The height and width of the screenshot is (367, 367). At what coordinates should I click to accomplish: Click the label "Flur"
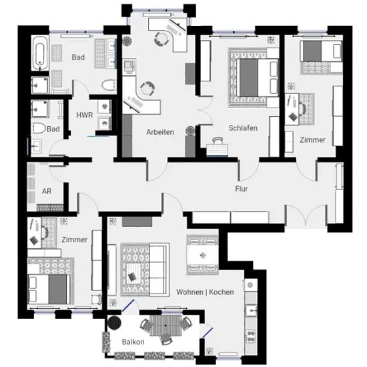pyautogui.click(x=242, y=189)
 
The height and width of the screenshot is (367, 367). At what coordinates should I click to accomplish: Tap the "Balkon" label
pyautogui.click(x=133, y=342)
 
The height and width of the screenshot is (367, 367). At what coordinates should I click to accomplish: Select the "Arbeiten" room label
pyautogui.click(x=160, y=132)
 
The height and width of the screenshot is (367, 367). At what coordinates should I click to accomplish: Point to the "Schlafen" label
pyautogui.click(x=243, y=128)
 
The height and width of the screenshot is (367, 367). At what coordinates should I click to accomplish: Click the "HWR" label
pyautogui.click(x=85, y=115)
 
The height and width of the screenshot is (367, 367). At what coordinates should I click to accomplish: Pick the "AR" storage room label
pyautogui.click(x=47, y=192)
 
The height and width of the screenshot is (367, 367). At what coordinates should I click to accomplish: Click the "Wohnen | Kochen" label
pyautogui.click(x=205, y=292)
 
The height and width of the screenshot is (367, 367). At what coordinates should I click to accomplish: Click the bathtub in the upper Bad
pyautogui.click(x=40, y=53)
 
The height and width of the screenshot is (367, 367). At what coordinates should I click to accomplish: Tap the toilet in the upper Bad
pyautogui.click(x=109, y=85)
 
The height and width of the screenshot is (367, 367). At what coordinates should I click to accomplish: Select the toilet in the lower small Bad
pyautogui.click(x=39, y=128)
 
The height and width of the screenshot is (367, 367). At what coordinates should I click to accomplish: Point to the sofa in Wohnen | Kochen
pyautogui.click(x=159, y=270)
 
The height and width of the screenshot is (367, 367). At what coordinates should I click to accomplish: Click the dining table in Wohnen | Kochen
pyautogui.click(x=203, y=255)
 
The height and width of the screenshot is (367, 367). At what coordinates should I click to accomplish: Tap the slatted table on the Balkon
pyautogui.click(x=165, y=326)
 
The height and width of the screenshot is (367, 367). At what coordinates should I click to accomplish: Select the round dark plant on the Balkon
pyautogui.click(x=114, y=323)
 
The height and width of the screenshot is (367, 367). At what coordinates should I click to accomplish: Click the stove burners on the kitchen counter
pyautogui.click(x=251, y=336)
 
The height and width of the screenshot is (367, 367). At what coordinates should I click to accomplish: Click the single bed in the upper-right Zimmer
pyautogui.click(x=322, y=51)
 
